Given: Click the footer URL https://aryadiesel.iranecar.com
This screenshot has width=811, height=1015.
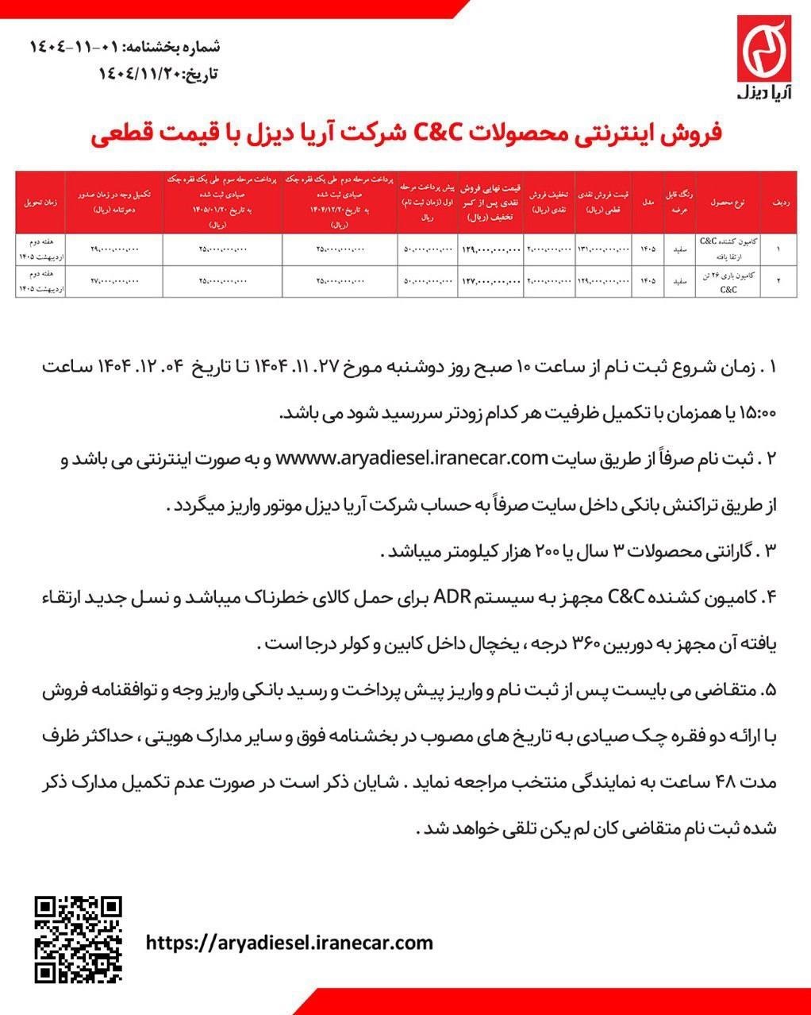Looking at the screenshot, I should pyautogui.click(x=290, y=943).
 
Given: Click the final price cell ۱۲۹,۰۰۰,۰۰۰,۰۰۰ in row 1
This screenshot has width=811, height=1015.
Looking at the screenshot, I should pyautogui.click(x=491, y=249).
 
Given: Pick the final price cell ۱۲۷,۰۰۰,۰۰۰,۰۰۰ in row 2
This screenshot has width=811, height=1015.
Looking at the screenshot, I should pyautogui.click(x=491, y=280).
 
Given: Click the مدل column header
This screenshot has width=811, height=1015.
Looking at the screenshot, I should pyautogui.click(x=647, y=203).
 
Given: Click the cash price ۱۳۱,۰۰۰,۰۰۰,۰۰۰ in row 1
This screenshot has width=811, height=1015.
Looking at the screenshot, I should pyautogui.click(x=603, y=249).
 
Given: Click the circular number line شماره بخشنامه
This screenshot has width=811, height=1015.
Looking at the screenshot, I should pyautogui.click(x=125, y=45).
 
